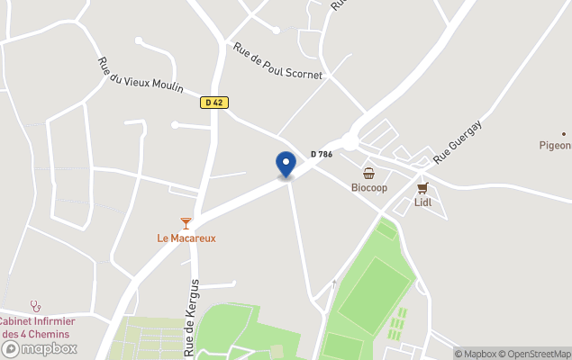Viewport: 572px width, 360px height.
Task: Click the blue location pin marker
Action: (286, 165)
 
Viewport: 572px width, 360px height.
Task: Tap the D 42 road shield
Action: (213, 103)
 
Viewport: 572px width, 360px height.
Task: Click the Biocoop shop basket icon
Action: (368, 173)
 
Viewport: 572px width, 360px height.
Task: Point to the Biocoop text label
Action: (368, 188)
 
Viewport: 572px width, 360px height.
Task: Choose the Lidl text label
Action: (422, 202)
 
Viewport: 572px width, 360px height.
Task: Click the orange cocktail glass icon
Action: (186, 222)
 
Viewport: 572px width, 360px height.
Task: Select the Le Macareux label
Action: (186, 238)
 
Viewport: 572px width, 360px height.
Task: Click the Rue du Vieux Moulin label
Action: (141, 75)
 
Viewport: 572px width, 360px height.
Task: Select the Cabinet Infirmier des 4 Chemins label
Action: (37, 328)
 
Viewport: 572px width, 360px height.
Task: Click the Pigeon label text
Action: (555, 145)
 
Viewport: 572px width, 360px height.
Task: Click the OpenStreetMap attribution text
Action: (539, 354)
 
